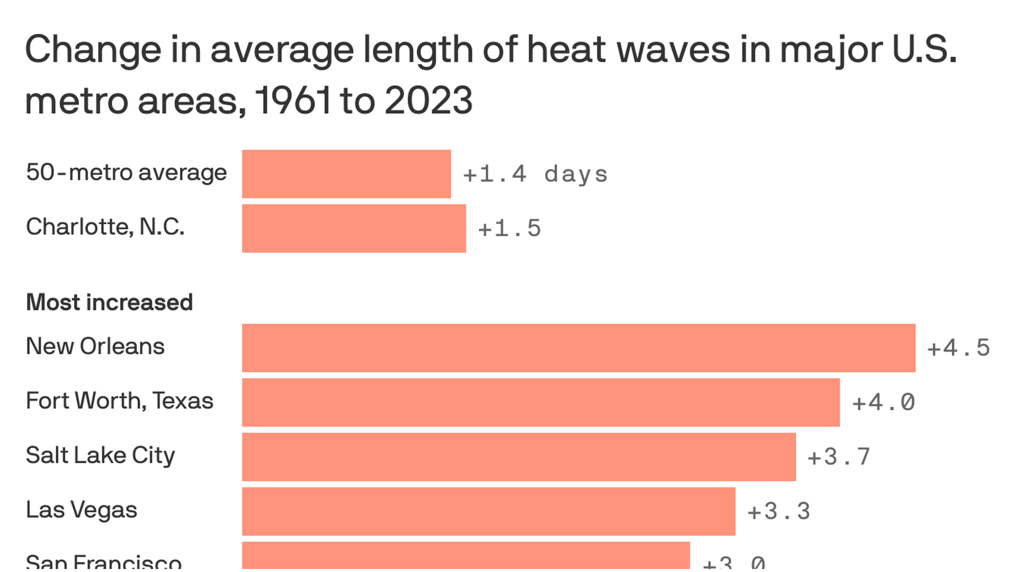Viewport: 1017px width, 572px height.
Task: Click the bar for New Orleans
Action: pyautogui.click(x=578, y=348)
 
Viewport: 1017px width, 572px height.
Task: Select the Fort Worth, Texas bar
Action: pyautogui.click(x=541, y=403)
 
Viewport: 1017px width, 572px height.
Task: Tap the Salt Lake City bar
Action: pyautogui.click(x=519, y=457)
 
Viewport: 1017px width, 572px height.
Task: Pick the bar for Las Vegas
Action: pyautogui.click(x=488, y=512)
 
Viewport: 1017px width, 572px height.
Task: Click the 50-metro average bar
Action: pyautogui.click(x=346, y=174)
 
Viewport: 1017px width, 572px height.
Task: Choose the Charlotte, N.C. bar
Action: pyautogui.click(x=354, y=228)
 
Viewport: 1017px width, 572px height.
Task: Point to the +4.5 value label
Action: pyautogui.click(x=958, y=348)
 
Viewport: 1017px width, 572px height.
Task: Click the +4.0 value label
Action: pyautogui.click(x=883, y=403)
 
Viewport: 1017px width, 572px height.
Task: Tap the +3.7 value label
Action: pyautogui.click(x=838, y=457)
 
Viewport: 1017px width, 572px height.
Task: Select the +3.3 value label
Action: pyautogui.click(x=779, y=512)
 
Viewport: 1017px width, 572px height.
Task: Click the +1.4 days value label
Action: pyautogui.click(x=535, y=174)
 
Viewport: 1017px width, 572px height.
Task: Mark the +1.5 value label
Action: pyautogui.click(x=509, y=229)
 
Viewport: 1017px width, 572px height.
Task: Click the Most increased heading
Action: pyautogui.click(x=109, y=302)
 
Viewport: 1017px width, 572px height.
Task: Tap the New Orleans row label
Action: pyautogui.click(x=95, y=346)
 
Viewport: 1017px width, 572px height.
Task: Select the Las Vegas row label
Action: pyautogui.click(x=82, y=510)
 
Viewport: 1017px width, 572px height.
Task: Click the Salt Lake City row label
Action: pyautogui.click(x=100, y=455)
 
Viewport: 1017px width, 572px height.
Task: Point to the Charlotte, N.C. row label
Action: pyautogui.click(x=105, y=227)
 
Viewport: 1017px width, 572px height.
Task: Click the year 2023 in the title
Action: pyautogui.click(x=428, y=100)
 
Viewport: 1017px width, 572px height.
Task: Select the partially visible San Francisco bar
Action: pyautogui.click(x=466, y=556)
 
